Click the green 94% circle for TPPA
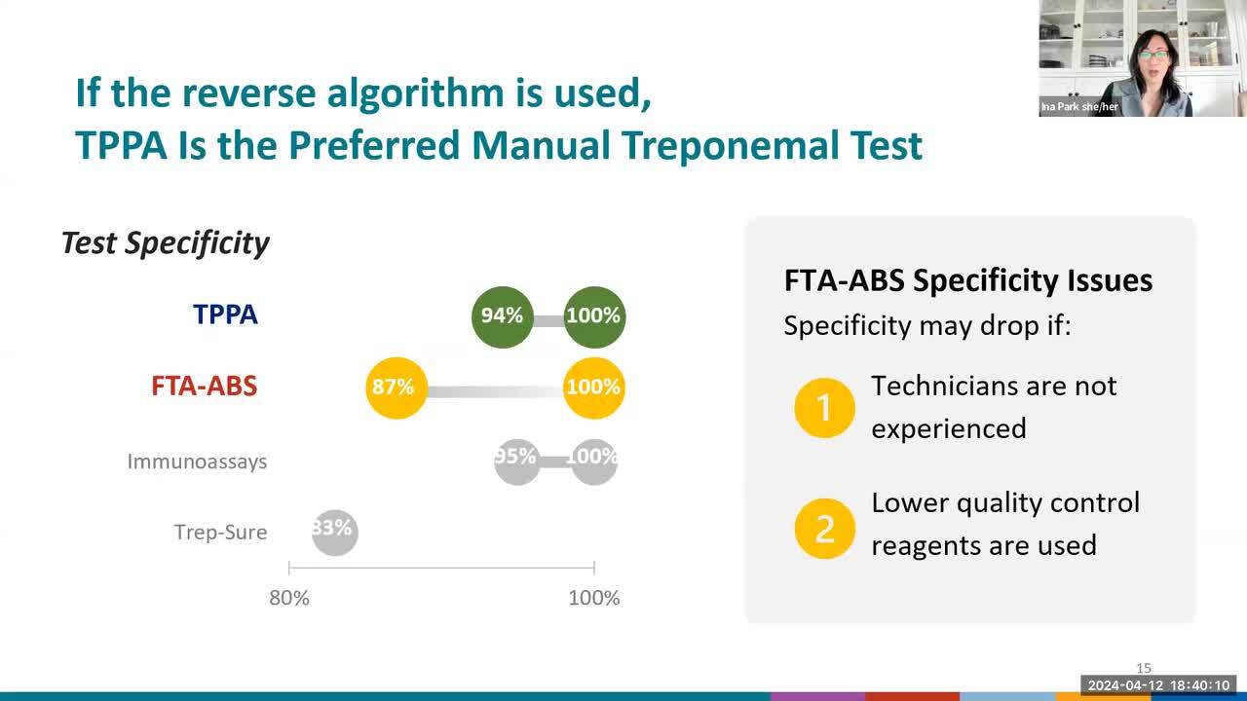point(502,317)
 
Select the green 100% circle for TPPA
point(594,317)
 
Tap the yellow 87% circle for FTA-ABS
point(397,387)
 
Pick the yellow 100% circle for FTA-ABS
point(594,387)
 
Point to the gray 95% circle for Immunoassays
point(517,461)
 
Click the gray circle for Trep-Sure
point(334,533)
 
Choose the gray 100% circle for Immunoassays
point(594,461)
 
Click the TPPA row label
point(225,314)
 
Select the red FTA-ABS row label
point(205,387)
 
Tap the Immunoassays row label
point(197,461)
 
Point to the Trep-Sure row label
point(220,533)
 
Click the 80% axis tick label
point(289,598)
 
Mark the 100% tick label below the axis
point(594,598)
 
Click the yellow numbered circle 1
point(824,408)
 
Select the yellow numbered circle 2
point(824,529)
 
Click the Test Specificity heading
point(166,243)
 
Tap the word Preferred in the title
point(374,146)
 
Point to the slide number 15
point(1144,668)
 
